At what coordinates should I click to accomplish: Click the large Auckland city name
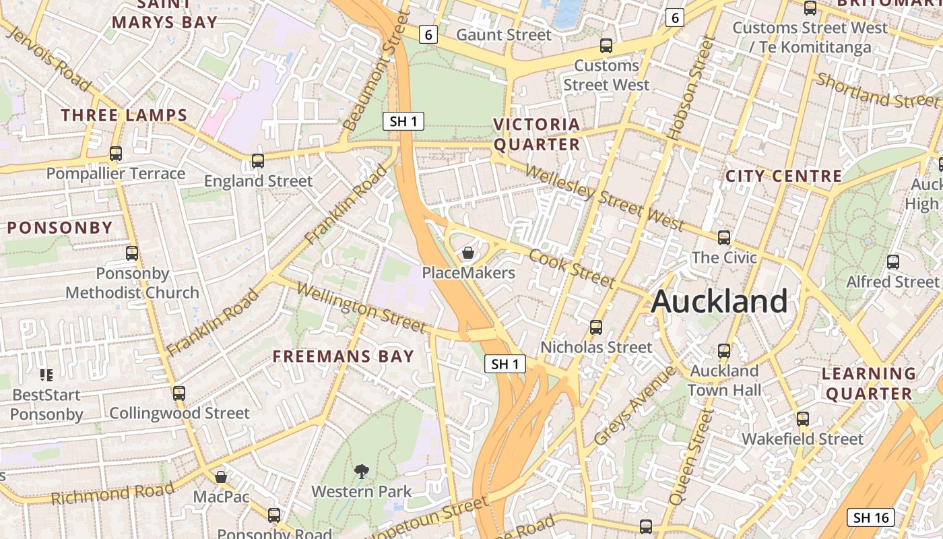[719, 301]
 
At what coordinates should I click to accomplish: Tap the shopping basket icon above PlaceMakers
[468, 253]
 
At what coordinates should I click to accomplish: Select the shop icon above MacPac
[221, 477]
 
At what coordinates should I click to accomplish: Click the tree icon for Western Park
[362, 471]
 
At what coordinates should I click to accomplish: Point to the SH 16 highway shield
[871, 517]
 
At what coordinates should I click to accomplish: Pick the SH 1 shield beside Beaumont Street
[403, 121]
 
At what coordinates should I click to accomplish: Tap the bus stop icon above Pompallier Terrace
[116, 154]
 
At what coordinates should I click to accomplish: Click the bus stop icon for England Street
[258, 161]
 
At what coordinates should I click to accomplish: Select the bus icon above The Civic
[724, 238]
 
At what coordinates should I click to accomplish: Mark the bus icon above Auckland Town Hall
[724, 351]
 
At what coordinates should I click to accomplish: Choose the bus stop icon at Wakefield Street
[802, 419]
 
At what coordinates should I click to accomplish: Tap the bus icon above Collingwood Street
[179, 393]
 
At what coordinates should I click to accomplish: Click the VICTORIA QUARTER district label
[537, 134]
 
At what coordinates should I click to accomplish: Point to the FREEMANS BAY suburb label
[343, 356]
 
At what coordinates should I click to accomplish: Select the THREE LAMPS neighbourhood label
[125, 115]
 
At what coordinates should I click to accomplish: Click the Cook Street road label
[572, 267]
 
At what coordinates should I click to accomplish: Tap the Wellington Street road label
[362, 309]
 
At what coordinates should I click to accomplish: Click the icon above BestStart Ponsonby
[46, 375]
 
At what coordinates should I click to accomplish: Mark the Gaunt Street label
[504, 34]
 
